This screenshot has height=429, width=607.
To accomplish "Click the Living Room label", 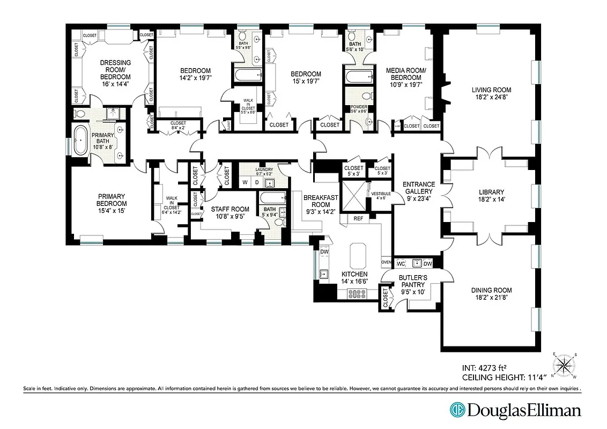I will (491, 90).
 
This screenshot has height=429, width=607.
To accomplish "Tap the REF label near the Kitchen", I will (358, 219).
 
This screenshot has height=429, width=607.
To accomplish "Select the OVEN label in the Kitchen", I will (386, 263).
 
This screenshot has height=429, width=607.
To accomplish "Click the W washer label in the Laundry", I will (245, 182).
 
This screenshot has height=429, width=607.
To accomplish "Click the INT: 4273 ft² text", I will (484, 368).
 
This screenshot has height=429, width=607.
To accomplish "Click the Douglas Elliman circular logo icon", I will (457, 411).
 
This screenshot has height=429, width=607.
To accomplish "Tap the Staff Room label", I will (230, 209).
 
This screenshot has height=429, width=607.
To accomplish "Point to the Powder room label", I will (358, 107).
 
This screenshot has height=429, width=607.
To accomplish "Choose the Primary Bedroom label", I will (112, 196).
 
